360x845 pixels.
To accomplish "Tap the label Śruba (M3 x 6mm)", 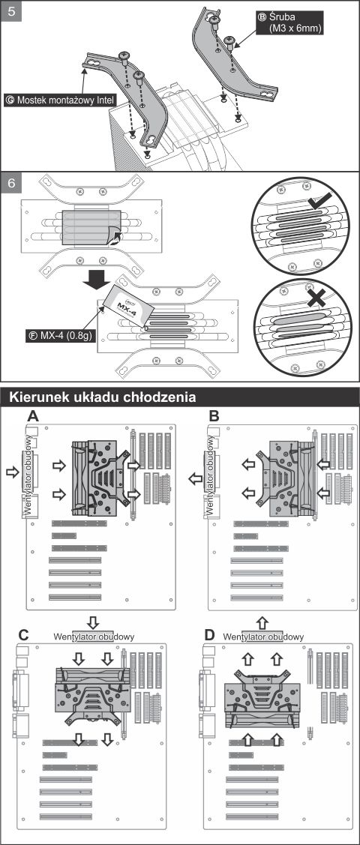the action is (289, 22).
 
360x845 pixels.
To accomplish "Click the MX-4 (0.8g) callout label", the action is (60, 334).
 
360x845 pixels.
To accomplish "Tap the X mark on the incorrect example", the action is (319, 297).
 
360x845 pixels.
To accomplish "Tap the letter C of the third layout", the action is (24, 635).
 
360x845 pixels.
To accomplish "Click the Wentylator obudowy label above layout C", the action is (94, 637).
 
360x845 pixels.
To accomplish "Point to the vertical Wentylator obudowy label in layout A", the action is (27, 474).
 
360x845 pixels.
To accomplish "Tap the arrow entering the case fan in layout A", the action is (12, 472).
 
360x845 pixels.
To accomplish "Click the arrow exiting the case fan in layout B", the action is (195, 479).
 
